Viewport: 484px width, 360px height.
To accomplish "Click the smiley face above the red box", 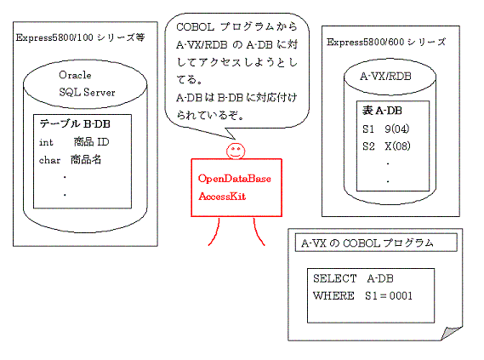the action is [236, 151].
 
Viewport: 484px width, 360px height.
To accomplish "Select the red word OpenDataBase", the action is [235, 179].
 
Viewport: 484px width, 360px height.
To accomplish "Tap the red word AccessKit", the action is [222, 196].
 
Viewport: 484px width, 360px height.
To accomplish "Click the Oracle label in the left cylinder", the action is [75, 75].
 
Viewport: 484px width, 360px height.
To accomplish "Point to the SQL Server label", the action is [87, 92].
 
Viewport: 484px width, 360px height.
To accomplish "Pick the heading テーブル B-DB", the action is [75, 123].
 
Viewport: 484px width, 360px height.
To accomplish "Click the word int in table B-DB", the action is [46, 142].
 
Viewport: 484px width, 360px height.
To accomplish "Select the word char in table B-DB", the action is [49, 160].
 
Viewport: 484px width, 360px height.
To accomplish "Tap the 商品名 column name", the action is [86, 160].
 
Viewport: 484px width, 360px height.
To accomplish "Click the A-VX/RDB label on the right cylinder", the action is [385, 76].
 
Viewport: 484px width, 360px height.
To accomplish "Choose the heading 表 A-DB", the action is [382, 111].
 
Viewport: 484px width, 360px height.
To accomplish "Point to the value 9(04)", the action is [397, 129].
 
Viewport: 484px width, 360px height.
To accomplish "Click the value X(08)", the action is [397, 146].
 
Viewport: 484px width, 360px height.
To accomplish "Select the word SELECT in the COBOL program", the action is [335, 278].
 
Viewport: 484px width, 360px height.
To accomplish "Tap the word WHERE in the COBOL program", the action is [333, 296].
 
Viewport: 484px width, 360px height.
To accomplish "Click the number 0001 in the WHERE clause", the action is [401, 296].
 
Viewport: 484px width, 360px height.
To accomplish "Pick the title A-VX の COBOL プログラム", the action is [367, 243].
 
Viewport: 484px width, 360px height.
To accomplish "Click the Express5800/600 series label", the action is [386, 42].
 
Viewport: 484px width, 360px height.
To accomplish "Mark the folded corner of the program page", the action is [452, 333].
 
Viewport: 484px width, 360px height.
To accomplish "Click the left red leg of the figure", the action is [215, 233].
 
